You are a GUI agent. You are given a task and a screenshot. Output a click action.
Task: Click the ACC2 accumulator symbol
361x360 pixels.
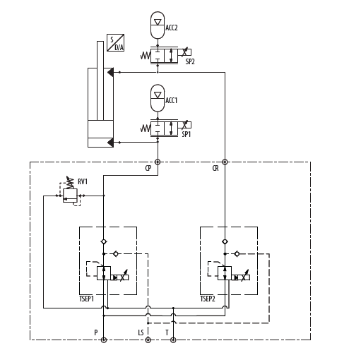coord(158,25)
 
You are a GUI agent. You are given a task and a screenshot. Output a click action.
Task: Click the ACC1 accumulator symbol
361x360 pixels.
coord(158,98)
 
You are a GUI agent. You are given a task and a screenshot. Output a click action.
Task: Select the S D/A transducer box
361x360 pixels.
coord(115,42)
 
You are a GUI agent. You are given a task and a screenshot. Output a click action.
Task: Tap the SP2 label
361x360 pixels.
coord(190,61)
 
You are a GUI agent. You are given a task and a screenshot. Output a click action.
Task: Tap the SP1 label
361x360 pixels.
coord(187,134)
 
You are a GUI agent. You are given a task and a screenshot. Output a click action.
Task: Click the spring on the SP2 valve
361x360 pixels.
coord(146,56)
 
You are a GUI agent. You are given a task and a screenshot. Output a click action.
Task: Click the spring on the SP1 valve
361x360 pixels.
coord(146,128)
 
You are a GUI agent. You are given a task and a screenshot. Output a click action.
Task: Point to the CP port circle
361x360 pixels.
coord(158,162)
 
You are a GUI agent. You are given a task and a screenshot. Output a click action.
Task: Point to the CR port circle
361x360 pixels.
coord(225,162)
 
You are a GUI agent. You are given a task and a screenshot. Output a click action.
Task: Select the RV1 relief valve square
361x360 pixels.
coord(70,196)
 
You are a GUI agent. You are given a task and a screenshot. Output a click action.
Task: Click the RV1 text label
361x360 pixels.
coord(83,181)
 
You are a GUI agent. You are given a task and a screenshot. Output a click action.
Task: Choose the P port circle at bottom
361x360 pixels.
coord(104,340)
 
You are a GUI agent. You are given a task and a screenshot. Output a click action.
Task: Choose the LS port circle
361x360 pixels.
coord(148,340)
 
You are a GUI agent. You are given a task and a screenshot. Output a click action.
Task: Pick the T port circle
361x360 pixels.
coord(173,340)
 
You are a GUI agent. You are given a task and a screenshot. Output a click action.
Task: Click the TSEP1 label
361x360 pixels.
coord(86,299)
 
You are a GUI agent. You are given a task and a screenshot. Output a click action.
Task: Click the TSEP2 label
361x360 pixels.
coord(208,299)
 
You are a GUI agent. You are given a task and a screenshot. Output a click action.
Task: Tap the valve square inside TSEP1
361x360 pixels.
coord(104,273)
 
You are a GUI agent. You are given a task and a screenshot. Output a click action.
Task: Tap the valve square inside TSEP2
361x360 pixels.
coord(225,273)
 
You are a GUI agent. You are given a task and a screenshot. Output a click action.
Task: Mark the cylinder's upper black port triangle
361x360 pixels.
coord(110,72)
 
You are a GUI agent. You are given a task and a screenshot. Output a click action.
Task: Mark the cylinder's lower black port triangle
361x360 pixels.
coord(110,143)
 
